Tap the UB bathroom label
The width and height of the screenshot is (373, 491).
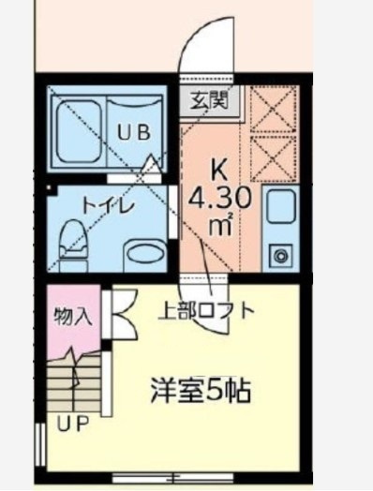tap(137, 131)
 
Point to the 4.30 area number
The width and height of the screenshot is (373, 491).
tap(218, 199)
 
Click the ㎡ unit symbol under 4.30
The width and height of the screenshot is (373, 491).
tap(220, 225)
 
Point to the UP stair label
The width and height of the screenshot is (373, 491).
tap(71, 424)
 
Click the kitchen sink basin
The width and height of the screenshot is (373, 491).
tap(280, 207)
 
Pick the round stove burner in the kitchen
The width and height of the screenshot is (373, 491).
tap(279, 253)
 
